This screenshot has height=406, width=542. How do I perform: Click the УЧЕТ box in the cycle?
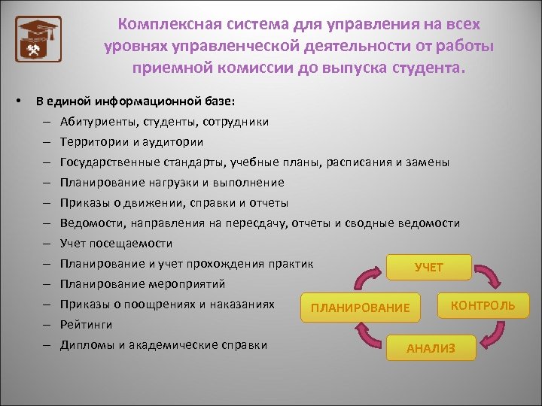[x=428, y=267]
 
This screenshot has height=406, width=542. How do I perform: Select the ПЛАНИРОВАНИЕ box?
[x=361, y=308]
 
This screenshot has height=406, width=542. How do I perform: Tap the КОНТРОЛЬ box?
[x=483, y=304]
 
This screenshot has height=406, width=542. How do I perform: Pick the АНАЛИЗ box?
[x=430, y=347]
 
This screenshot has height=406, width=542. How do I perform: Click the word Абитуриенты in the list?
[x=96, y=122]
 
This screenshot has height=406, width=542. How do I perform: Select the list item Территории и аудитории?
[x=131, y=142]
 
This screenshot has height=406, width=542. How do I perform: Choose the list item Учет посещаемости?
[x=116, y=244]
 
